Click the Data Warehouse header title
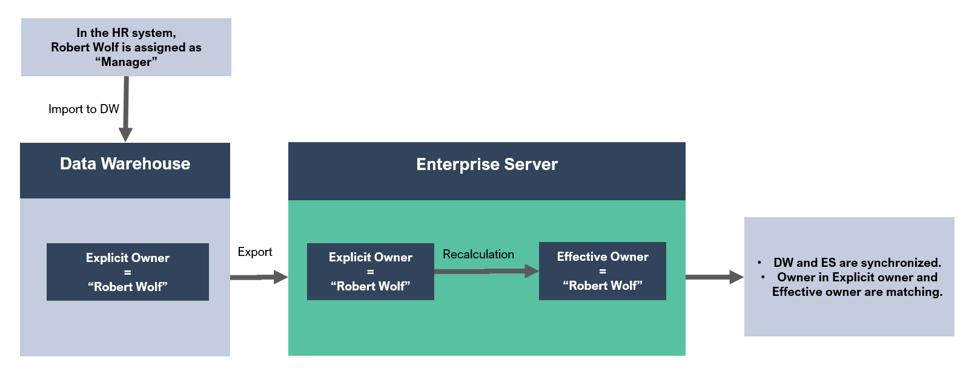tap(125, 164)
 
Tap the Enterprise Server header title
tap(487, 164)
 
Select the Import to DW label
tap(84, 109)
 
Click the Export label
tap(255, 252)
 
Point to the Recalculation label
tap(478, 254)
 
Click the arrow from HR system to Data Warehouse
tap(126, 109)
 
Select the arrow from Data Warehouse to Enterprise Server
tap(259, 277)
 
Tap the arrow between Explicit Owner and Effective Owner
tap(486, 271)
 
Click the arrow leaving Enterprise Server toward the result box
tap(715, 277)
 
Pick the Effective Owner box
tap(603, 271)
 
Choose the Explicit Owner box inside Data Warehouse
tap(128, 272)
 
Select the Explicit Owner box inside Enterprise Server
tap(371, 272)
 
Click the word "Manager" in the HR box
tap(126, 62)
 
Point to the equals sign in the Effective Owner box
tap(603, 272)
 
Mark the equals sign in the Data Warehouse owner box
tap(128, 272)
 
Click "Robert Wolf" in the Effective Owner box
tap(603, 286)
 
